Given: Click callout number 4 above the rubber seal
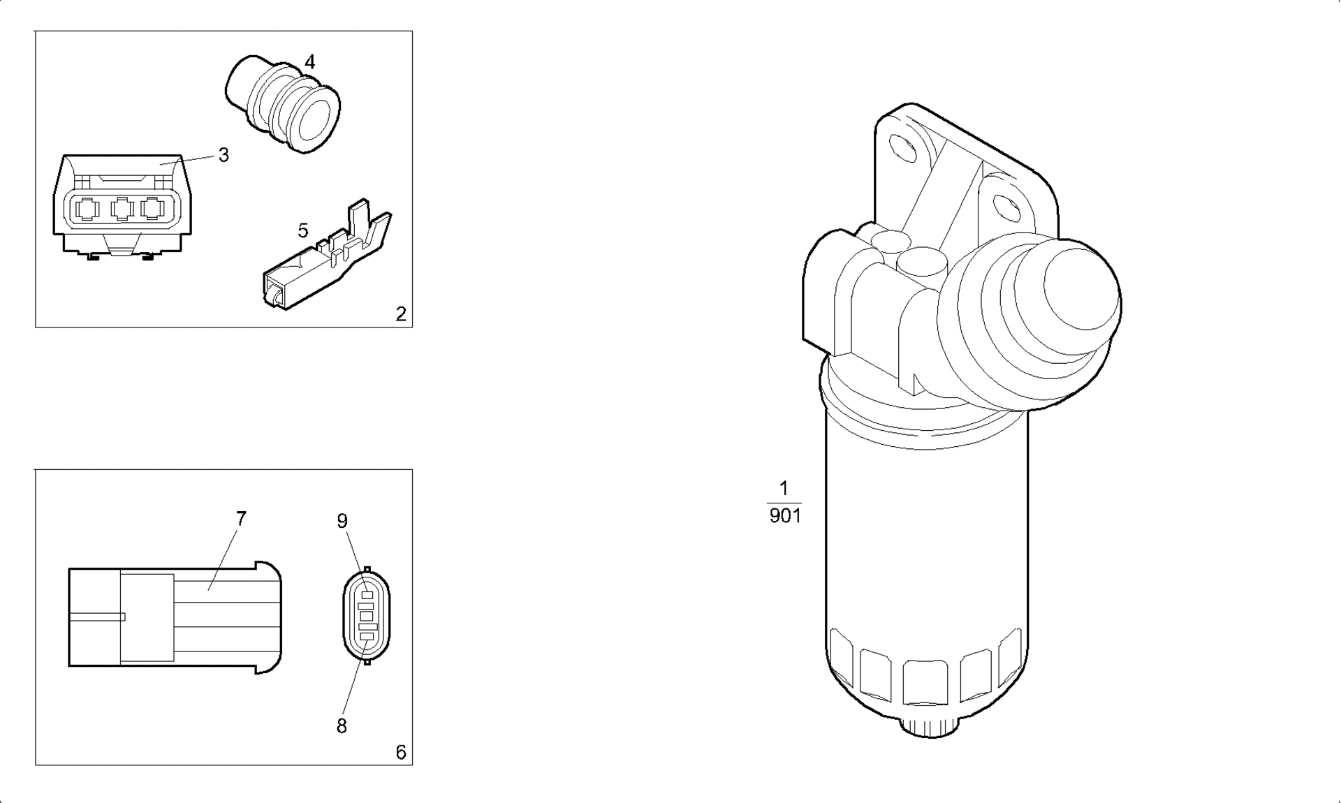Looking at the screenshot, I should [309, 61].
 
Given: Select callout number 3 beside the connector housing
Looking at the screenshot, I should [223, 155].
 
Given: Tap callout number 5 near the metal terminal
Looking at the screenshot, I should [302, 230].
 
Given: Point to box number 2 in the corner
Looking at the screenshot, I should [400, 314].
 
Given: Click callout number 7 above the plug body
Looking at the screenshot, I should [241, 519].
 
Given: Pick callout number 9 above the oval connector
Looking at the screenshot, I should [342, 521].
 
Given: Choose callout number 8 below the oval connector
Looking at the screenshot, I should [342, 726].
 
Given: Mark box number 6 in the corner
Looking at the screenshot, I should [400, 752].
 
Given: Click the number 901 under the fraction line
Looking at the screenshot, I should [784, 516].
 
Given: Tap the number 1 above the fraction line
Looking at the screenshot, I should [784, 488].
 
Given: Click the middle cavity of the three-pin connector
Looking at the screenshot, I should [122, 209].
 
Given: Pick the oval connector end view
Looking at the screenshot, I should [367, 615].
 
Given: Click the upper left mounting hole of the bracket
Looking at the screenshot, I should [904, 148].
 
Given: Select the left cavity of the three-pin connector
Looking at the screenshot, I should [87, 209].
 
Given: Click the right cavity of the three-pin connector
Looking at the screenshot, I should [152, 209].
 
